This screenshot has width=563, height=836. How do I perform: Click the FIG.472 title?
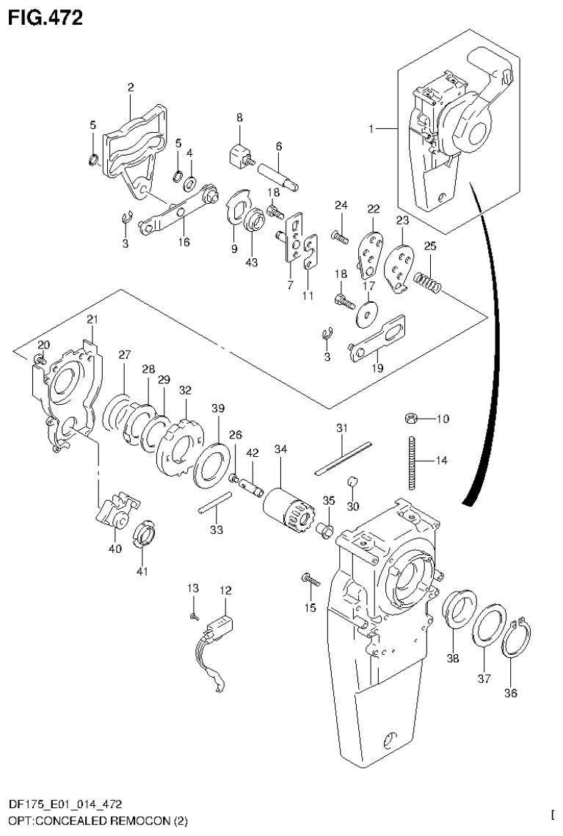[x=46, y=17]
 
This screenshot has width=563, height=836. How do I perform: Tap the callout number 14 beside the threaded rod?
[x=440, y=461]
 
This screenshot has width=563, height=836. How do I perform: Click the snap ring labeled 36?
[x=519, y=637]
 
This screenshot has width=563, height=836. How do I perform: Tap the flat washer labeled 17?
[x=365, y=314]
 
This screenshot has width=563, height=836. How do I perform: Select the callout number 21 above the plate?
[x=92, y=319]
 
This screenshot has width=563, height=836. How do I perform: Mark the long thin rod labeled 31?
[x=344, y=458]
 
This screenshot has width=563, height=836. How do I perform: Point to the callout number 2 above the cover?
[x=130, y=88]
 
